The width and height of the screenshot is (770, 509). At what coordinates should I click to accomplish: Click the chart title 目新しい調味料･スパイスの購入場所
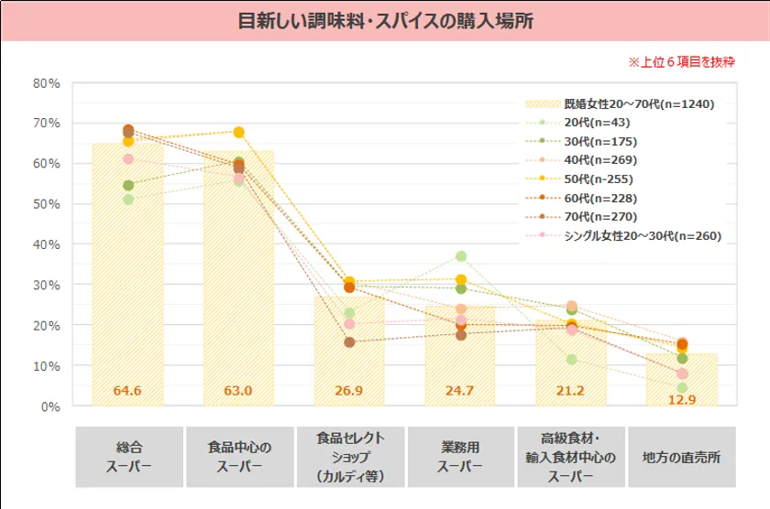coord(385,21)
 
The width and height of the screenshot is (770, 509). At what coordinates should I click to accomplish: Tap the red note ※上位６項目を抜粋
coord(681,62)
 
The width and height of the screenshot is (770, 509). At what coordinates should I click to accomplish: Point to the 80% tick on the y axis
coord(47,82)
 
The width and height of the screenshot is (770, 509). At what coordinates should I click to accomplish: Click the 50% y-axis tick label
coord(47,203)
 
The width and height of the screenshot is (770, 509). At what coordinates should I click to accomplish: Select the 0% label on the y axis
coord(51,406)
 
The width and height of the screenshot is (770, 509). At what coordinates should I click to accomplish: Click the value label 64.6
coord(126,391)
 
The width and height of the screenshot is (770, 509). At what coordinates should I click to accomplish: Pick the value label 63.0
coord(238,391)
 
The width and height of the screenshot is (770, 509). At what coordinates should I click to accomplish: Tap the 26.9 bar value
coord(349,391)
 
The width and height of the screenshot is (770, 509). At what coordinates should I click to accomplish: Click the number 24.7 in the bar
coord(460,391)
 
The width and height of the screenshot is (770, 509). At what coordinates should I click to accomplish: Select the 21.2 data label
coord(571,391)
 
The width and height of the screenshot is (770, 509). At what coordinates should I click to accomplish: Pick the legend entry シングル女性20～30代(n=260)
coord(642,236)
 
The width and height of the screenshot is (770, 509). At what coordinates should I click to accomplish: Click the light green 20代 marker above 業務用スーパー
coord(461,256)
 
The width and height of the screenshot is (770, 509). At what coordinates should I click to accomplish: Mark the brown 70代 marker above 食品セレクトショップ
coord(349,342)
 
